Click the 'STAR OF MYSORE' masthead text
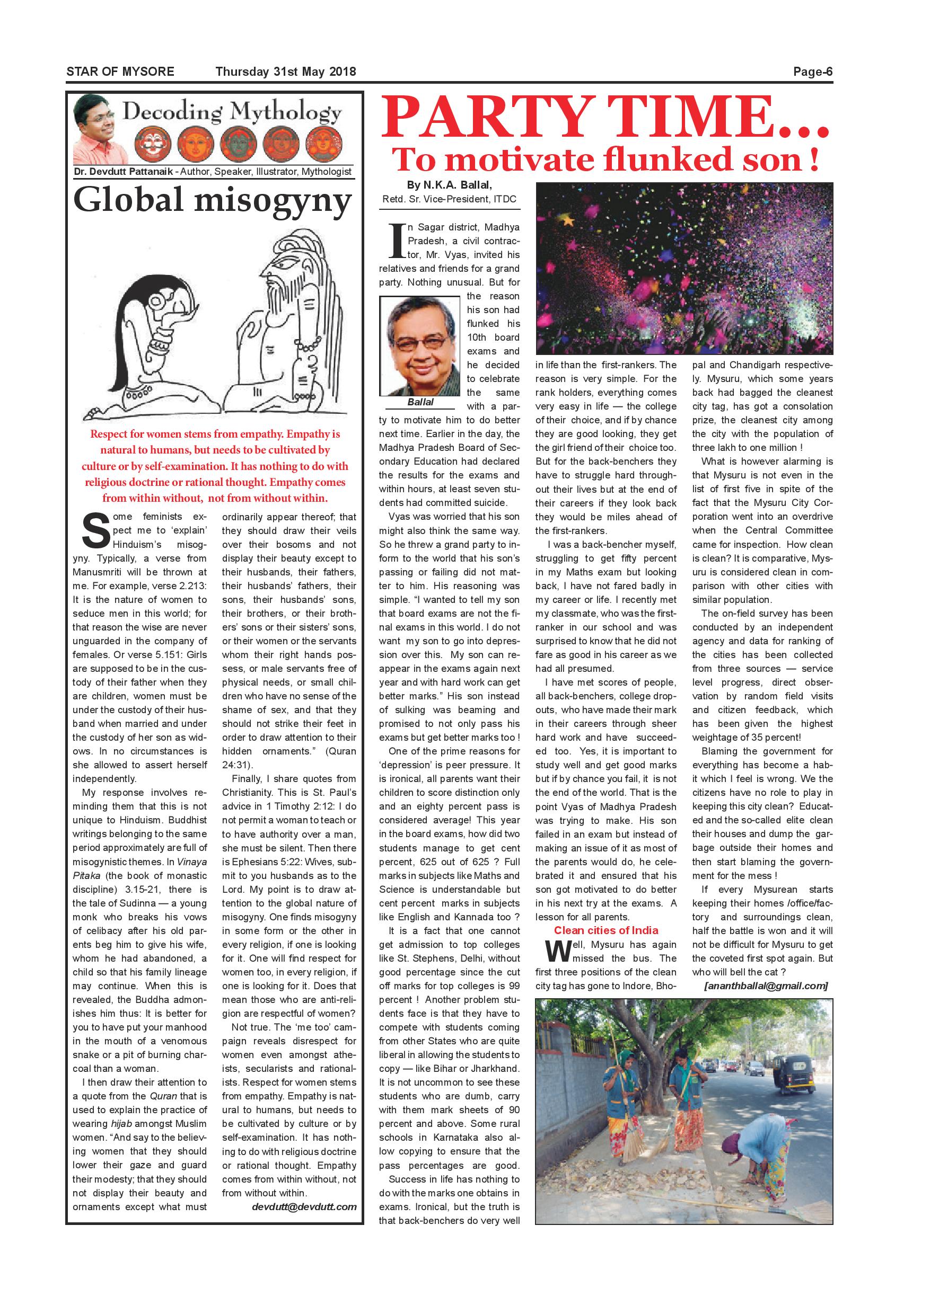pos(120,72)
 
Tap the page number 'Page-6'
pos(812,72)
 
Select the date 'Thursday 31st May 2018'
pos(286,72)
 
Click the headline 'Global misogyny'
pos(213,200)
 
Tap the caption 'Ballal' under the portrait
pos(420,402)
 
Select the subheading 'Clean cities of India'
pos(606,930)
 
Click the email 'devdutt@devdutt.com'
pos(304,1207)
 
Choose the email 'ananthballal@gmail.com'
pos(766,986)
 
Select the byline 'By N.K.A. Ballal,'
pos(450,185)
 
